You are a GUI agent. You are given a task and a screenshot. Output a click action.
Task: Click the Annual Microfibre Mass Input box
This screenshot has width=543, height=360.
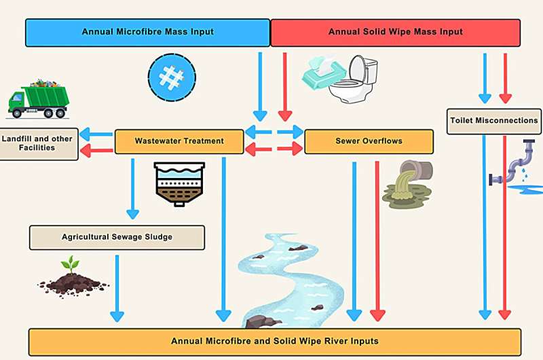point(147,32)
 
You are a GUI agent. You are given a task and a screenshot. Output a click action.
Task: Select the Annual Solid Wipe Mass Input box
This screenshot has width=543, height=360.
point(395,32)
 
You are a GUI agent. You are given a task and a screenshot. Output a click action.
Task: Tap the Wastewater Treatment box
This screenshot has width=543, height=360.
point(179,141)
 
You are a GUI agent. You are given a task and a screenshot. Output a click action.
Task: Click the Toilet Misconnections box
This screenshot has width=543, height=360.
point(493,121)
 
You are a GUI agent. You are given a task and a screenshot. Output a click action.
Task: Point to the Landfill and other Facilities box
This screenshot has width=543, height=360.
point(37,143)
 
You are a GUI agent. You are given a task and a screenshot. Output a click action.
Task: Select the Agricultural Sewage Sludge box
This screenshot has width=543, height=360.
point(117,237)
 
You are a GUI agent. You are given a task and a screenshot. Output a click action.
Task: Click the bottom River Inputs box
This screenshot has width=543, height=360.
point(274,341)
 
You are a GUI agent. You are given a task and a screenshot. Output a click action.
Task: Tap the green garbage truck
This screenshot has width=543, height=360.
point(39,98)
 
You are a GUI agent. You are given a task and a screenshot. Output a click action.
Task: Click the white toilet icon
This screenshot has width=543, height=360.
point(356,79)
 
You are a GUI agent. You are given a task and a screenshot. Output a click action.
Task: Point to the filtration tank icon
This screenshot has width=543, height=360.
point(179,182)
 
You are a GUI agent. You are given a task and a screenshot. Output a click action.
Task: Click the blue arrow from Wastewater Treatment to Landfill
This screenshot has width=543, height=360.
point(95,134)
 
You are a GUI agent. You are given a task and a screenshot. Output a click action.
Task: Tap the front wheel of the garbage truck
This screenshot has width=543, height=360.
point(18,112)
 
